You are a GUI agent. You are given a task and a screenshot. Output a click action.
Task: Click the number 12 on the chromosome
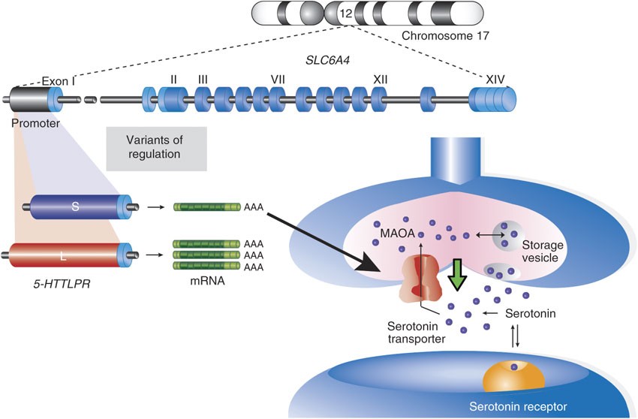point(345,13)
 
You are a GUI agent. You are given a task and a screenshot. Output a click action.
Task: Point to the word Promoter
point(35,122)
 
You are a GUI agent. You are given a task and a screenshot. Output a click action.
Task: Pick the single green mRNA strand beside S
point(206,206)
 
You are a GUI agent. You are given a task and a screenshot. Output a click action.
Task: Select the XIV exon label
point(495,78)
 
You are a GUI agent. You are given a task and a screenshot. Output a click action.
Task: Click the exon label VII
point(278,78)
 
